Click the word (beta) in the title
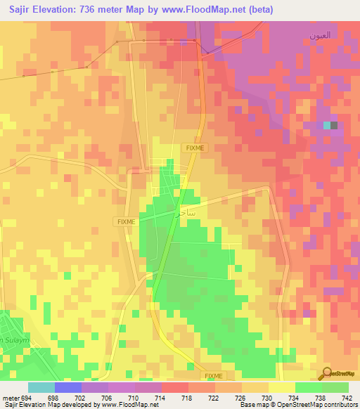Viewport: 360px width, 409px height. pyautogui.click(x=257, y=9)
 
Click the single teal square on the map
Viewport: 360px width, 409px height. pyautogui.click(x=326, y=125)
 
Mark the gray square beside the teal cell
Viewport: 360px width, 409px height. pyautogui.click(x=334, y=125)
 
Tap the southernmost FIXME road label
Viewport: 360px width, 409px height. pyautogui.click(x=213, y=376)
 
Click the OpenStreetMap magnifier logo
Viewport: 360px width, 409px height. pyautogui.click(x=327, y=373)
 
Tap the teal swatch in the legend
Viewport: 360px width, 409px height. pyautogui.click(x=41, y=387)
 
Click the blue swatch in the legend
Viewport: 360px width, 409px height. pyautogui.click(x=68, y=387)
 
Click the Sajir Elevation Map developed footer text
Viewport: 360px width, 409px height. pyautogui.click(x=79, y=405)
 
